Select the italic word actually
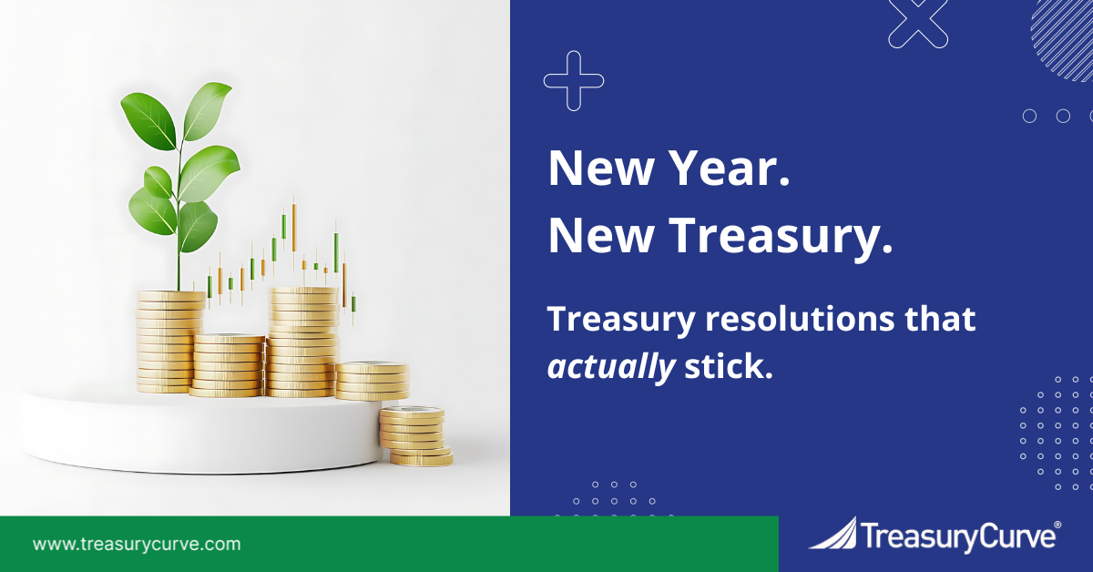tap(611, 366)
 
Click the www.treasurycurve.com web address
tap(138, 545)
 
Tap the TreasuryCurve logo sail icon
tap(833, 535)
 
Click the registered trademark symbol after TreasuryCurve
tap(1057, 526)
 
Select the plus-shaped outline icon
tap(574, 81)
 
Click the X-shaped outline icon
tap(918, 19)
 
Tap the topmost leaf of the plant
tap(207, 110)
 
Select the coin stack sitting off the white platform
tap(414, 435)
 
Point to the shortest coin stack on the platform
tap(372, 380)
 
